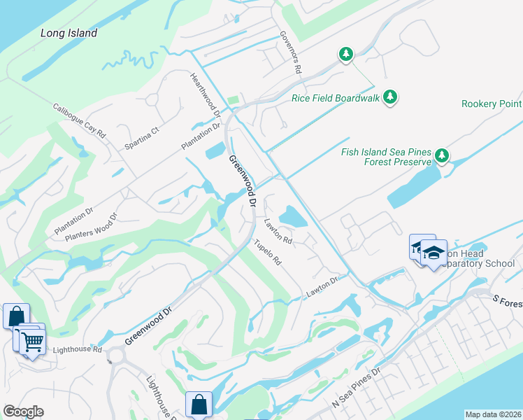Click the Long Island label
69,33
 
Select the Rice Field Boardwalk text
336,98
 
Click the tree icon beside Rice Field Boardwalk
390,97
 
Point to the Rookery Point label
492,104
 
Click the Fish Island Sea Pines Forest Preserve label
385,157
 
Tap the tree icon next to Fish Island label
441,155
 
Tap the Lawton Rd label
278,230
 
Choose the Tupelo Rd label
267,253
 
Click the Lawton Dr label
322,287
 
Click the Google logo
23,412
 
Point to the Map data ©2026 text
494,414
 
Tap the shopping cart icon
32,343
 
